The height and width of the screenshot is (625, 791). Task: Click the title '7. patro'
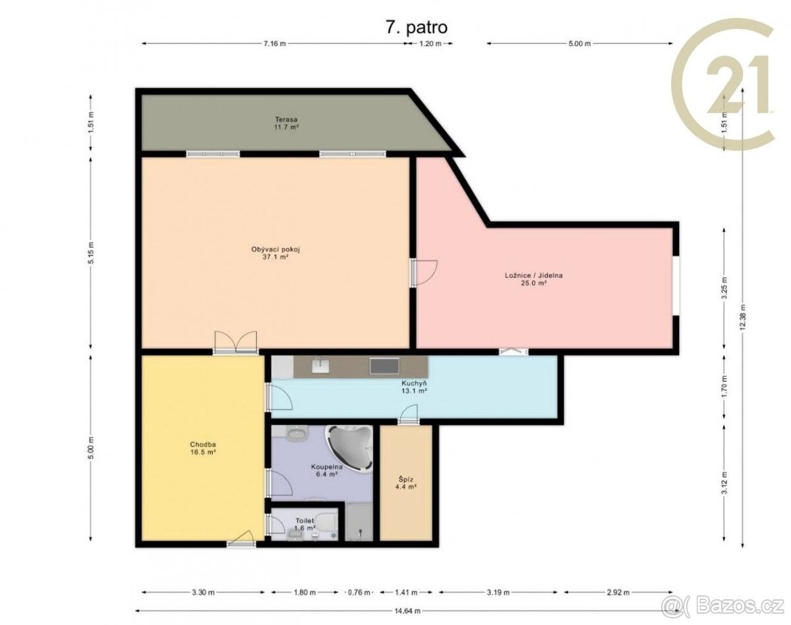(x=417, y=28)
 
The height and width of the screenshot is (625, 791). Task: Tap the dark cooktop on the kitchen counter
(x=384, y=366)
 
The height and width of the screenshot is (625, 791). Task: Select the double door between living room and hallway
(x=235, y=342)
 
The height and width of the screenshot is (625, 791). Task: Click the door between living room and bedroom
(x=423, y=272)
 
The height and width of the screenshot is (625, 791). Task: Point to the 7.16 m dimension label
(x=275, y=43)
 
